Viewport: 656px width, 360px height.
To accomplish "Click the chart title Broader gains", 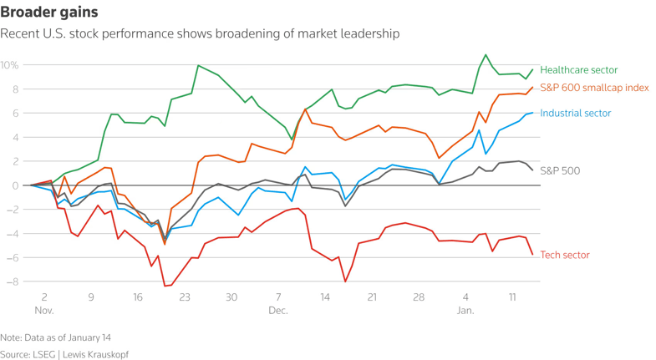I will point(49,13).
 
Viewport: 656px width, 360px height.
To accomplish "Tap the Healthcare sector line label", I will point(579,70).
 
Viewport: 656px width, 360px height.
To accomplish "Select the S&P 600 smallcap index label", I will point(595,88).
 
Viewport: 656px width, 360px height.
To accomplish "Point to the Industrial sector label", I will point(576,113).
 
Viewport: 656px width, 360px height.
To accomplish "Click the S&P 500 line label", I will point(560,171).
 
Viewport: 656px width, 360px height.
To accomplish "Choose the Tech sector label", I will point(565,255).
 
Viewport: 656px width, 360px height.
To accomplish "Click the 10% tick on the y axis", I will point(10,65).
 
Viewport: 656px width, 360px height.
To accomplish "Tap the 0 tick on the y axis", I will point(15,185).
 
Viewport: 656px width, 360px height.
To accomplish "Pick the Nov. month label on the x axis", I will point(44,311).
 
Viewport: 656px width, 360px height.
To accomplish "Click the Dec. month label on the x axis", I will point(278,311).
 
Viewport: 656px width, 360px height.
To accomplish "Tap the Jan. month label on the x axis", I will point(465,311).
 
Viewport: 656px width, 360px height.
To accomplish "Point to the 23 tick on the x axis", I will point(185,297).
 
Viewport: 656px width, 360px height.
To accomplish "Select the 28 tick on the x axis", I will point(419,297).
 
